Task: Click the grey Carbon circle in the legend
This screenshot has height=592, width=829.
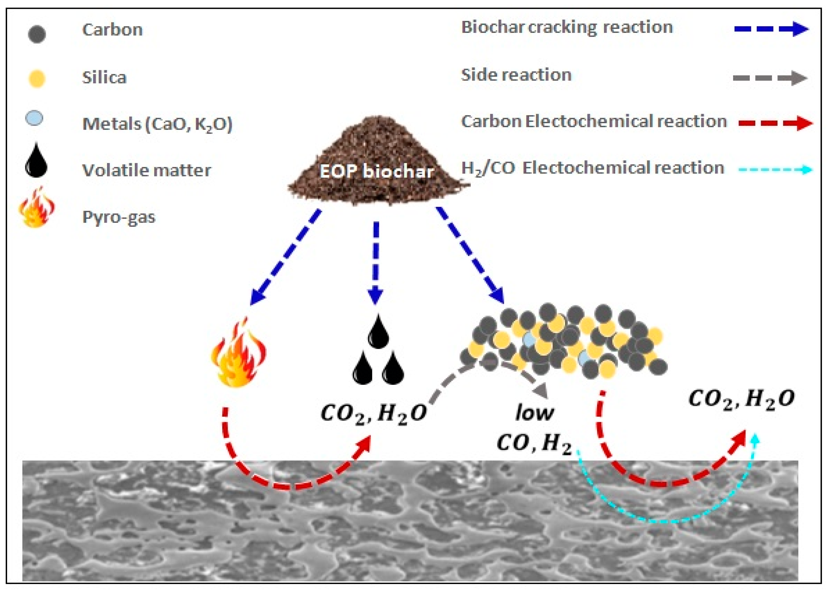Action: tap(37, 34)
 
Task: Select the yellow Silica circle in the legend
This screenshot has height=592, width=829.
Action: tap(37, 79)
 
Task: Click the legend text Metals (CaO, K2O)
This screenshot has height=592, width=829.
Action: tap(157, 124)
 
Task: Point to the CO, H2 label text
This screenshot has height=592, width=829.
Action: tap(534, 444)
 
